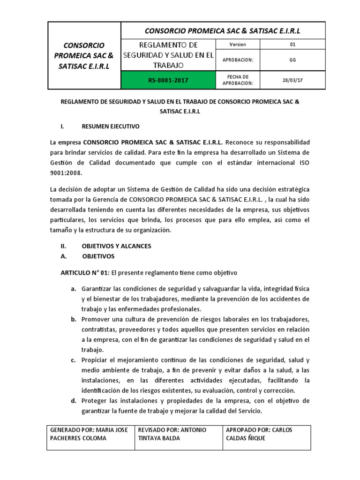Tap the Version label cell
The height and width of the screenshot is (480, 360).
point(237,45)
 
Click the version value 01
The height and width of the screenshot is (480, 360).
point(292,45)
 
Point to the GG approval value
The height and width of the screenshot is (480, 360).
point(292,60)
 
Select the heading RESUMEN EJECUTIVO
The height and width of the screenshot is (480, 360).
point(110,127)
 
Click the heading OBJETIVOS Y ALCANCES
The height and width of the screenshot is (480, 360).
point(116,246)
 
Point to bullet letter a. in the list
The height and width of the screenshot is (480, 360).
point(74,288)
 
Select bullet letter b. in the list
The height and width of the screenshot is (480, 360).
point(74,319)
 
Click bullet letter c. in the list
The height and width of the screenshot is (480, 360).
point(74,360)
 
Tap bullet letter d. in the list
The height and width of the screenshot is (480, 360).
point(74,401)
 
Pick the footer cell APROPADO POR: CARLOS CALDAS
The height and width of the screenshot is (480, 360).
point(266,434)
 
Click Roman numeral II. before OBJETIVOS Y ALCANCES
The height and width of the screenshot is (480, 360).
point(65,246)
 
